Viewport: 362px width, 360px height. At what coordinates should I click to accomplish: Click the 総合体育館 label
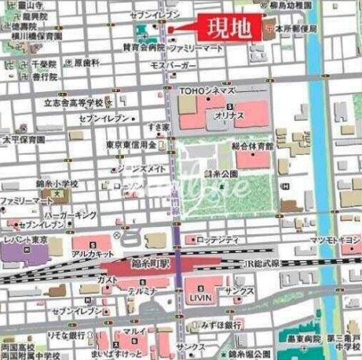click(x=253, y=146)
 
